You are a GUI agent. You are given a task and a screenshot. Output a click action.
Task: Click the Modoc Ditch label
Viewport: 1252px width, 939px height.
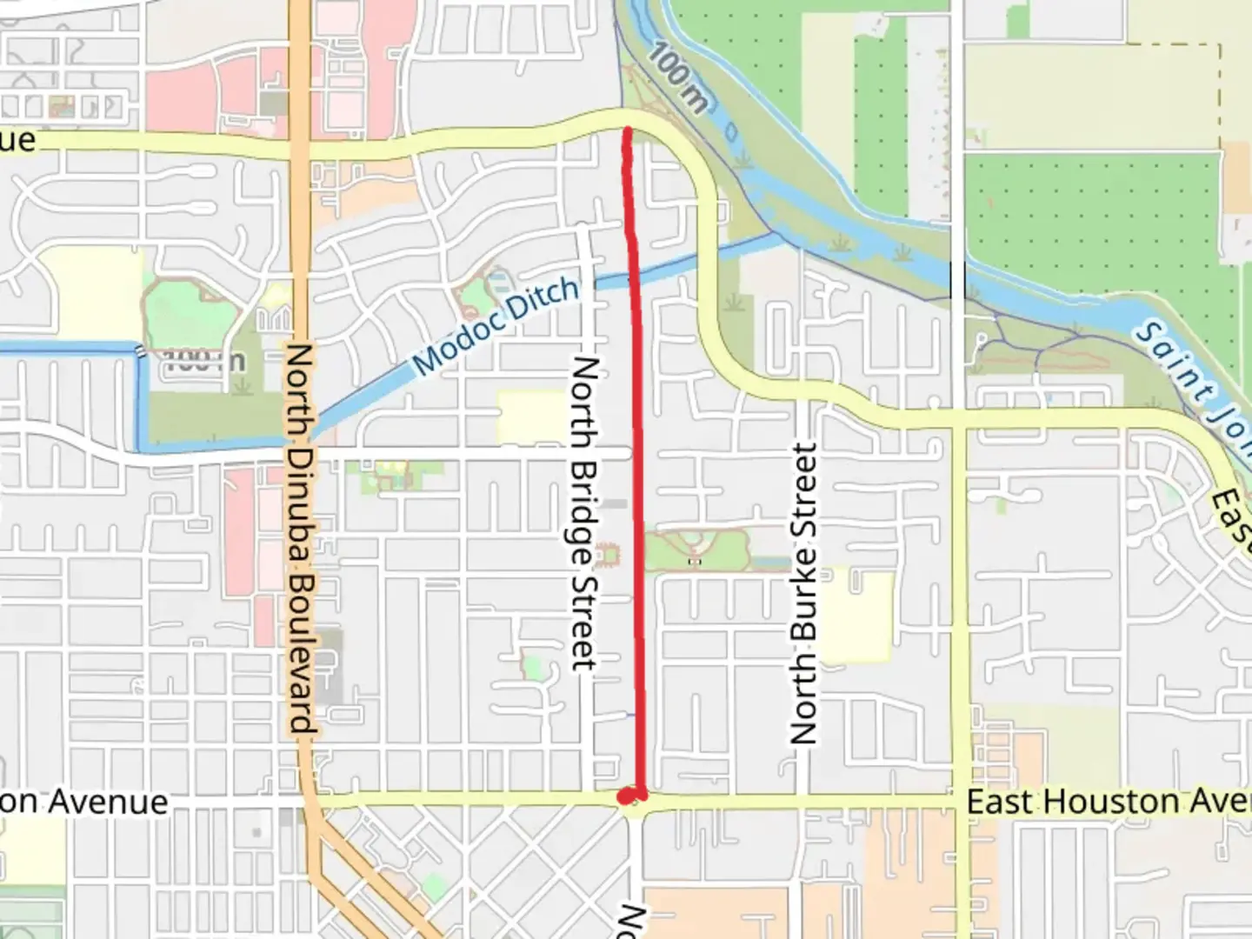point(496,325)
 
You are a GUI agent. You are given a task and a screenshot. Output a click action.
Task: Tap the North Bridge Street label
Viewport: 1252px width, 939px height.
point(584,513)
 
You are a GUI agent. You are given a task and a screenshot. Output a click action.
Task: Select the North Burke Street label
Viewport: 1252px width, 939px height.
point(804,594)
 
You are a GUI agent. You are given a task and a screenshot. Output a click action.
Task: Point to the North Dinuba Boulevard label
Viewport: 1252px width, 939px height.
point(300,538)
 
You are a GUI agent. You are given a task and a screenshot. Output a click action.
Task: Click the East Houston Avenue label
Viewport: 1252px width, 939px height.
point(1109,802)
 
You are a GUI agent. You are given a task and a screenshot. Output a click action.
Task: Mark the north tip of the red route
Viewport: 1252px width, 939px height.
point(627,130)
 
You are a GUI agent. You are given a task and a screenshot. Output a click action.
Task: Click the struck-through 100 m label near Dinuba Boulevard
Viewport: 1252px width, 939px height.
point(204,361)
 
